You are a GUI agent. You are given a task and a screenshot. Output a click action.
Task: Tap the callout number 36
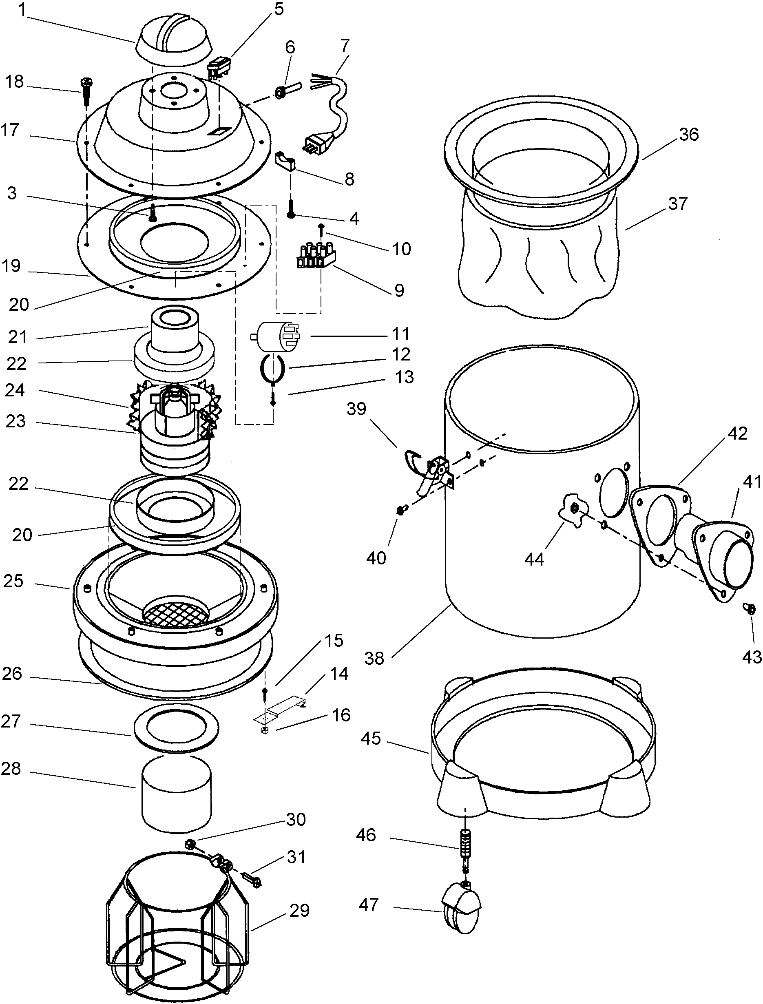coord(688,135)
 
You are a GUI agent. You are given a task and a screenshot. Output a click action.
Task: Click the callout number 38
coord(374,658)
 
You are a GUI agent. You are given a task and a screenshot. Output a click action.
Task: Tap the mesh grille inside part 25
coord(176,609)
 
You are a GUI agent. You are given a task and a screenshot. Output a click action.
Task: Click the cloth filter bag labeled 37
coord(540,263)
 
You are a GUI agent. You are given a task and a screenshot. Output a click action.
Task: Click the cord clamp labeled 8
coord(286,161)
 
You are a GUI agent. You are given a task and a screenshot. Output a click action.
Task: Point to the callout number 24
coord(15,391)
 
